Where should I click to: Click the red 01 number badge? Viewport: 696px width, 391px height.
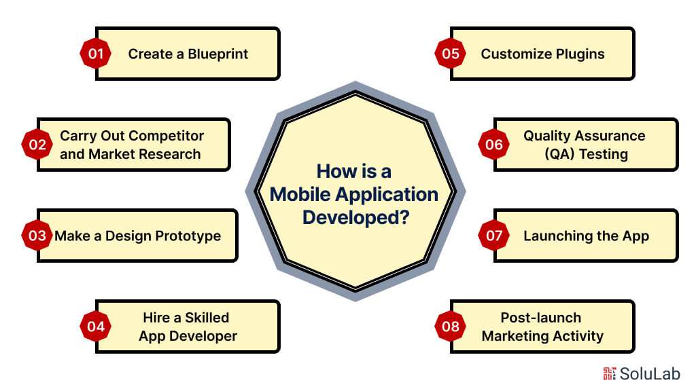tap(96, 54)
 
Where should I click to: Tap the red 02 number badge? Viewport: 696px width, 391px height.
tap(37, 144)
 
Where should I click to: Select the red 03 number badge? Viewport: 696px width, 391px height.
tap(37, 236)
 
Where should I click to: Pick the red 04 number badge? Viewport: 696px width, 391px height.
tap(96, 327)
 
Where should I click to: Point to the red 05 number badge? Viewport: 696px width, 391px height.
tap(451, 54)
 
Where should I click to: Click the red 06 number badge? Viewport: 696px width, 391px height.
tap(494, 144)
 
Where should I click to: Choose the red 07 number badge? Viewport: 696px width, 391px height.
tap(494, 236)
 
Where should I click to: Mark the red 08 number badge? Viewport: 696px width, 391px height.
tap(451, 327)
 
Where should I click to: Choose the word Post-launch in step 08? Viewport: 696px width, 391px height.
tap(541, 317)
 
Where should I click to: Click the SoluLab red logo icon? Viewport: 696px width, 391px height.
tap(609, 373)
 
